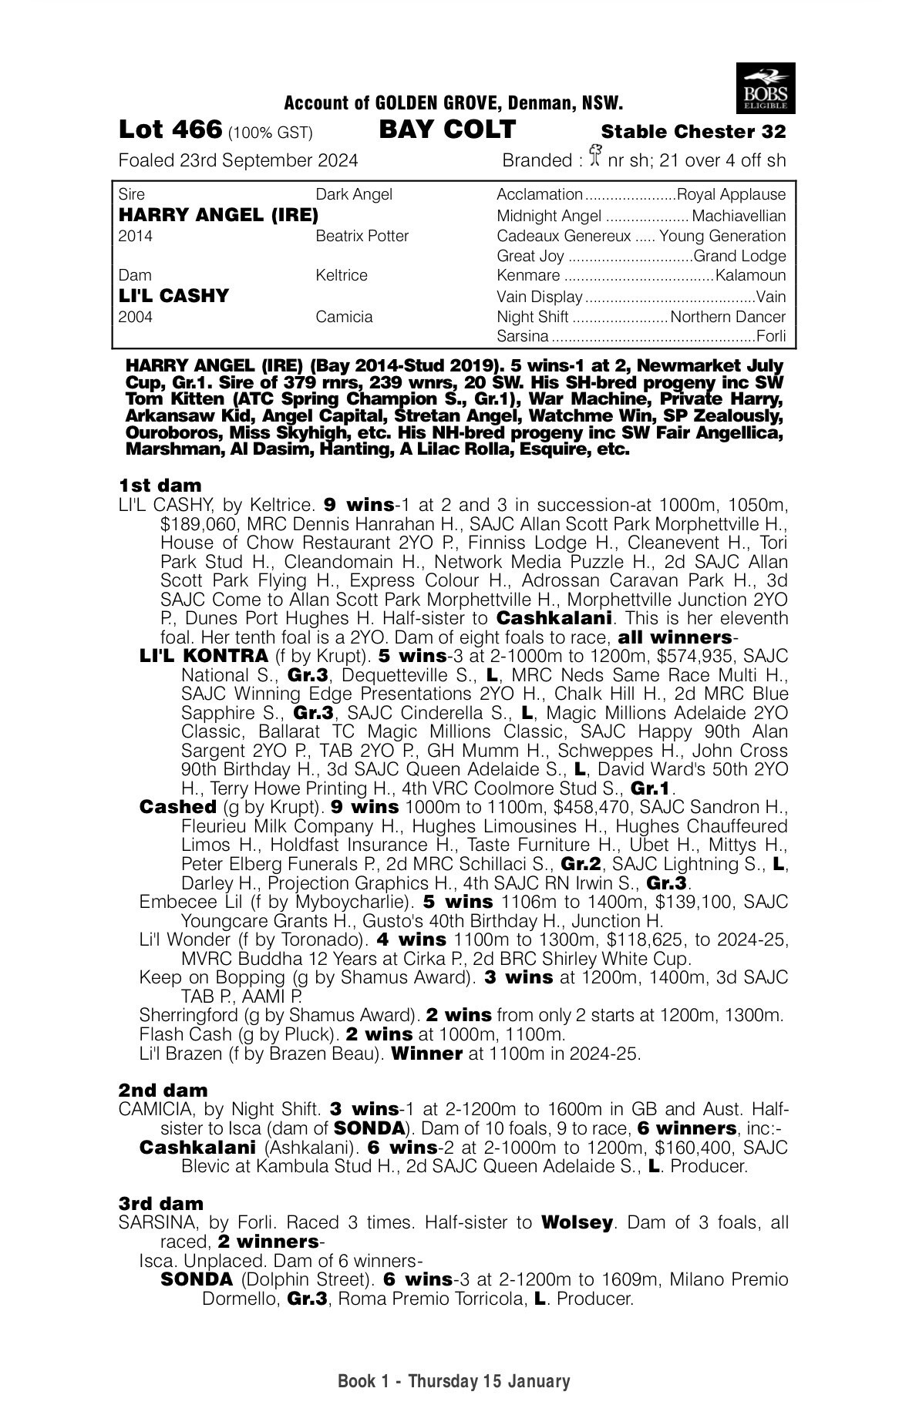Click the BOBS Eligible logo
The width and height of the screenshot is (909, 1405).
click(x=766, y=88)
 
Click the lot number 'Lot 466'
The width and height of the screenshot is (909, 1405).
click(x=170, y=129)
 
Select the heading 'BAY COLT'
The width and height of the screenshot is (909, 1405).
click(x=448, y=129)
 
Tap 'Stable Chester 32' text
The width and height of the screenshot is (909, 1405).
click(x=693, y=132)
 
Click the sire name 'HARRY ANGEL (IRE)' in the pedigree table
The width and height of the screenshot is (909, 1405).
click(x=219, y=216)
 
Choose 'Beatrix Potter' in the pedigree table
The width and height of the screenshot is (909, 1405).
click(x=362, y=236)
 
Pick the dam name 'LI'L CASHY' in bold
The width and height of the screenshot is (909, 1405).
click(x=174, y=296)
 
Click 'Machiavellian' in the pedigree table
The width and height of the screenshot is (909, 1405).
click(x=739, y=216)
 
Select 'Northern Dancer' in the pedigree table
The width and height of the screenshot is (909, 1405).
click(x=728, y=317)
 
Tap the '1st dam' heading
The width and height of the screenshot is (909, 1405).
click(x=160, y=486)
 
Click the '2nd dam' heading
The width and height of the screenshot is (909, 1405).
click(x=163, y=1091)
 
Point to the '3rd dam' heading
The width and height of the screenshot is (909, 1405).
click(x=161, y=1204)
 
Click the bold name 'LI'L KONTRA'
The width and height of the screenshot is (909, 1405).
click(x=204, y=657)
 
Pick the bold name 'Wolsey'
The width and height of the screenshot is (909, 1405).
click(x=577, y=1223)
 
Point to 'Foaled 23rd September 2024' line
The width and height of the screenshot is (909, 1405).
click(x=238, y=160)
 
